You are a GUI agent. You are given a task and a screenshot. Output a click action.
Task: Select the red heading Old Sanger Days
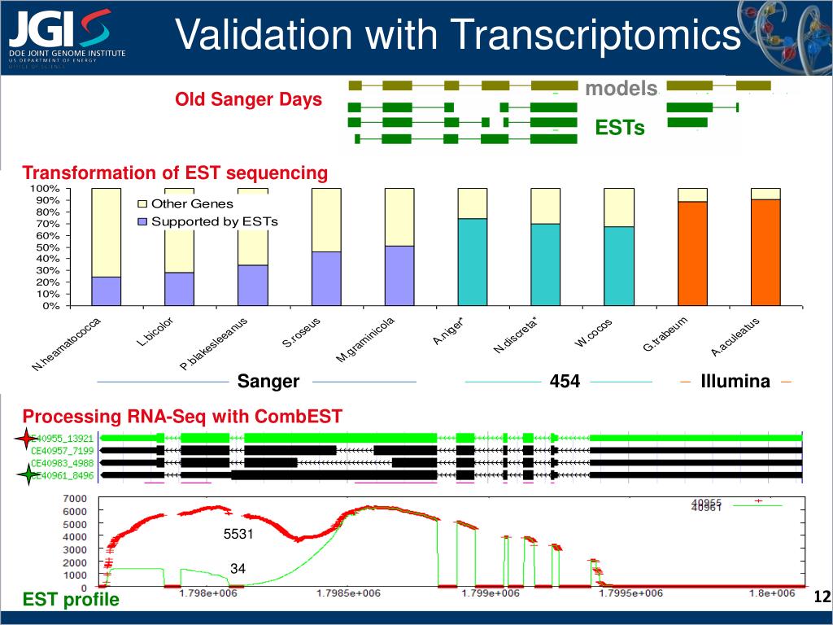point(249,100)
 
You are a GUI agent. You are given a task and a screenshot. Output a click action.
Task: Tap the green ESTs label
point(620,128)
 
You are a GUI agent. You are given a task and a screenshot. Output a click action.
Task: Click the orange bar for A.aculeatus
point(765,252)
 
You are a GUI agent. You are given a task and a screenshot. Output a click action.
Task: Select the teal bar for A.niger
point(473,262)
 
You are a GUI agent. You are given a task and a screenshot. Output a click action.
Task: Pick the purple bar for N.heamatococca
point(107,291)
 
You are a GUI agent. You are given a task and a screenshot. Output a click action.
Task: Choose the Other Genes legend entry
point(192,204)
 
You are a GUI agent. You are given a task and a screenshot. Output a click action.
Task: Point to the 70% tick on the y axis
point(50,224)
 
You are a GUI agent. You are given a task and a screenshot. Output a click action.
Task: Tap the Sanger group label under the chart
point(268,382)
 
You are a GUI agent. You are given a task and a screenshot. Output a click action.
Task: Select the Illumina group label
point(735,382)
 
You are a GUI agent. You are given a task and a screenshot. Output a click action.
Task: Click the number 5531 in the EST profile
point(238,535)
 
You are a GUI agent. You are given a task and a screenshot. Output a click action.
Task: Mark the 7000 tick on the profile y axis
point(76,498)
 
